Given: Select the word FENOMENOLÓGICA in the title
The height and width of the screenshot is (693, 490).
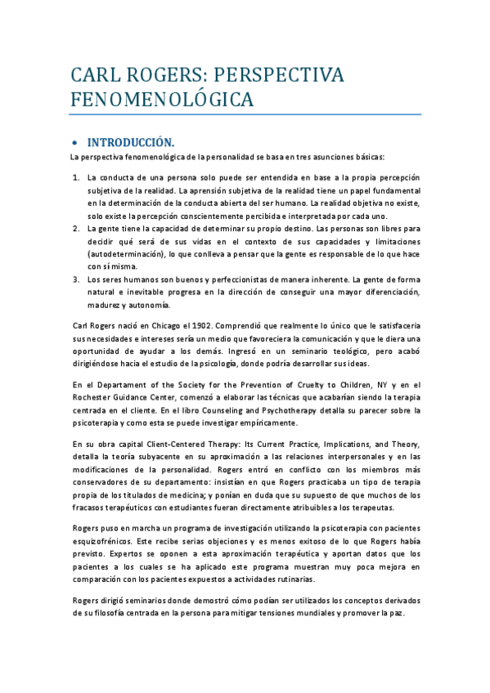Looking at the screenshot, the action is [x=160, y=100].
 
